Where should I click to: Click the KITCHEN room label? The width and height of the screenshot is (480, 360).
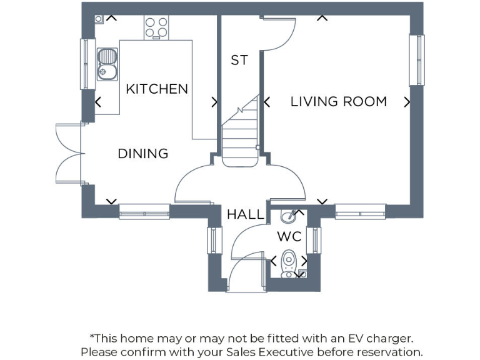click(157, 89)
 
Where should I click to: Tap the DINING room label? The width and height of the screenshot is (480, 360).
click(143, 153)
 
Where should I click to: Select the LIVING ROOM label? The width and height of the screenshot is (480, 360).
click(338, 101)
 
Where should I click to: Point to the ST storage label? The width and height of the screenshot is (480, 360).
click(239, 61)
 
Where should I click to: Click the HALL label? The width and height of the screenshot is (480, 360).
click(246, 214)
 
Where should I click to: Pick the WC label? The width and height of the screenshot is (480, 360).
click(289, 237)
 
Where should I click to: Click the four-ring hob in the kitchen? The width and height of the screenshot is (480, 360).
click(156, 27)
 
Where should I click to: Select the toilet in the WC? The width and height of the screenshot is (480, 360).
click(289, 262)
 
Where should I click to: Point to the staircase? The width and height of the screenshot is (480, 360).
click(239, 134)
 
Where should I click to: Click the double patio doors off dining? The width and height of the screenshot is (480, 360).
click(69, 153)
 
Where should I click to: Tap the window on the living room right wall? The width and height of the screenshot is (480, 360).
click(416, 60)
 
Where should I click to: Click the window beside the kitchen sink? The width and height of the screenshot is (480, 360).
click(84, 64)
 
